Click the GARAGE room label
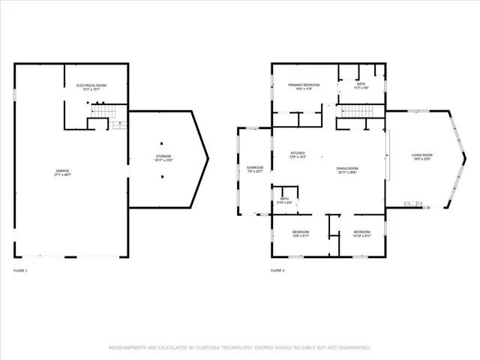pyautogui.click(x=62, y=171)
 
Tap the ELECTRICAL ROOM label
pyautogui.click(x=91, y=86)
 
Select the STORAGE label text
pyautogui.click(x=163, y=156)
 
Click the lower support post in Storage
pyautogui.click(x=162, y=177)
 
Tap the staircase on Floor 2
pyautogui.click(x=358, y=112)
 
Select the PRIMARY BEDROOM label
pyautogui.click(x=304, y=85)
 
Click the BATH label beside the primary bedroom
pyautogui.click(x=361, y=84)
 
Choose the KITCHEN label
pyautogui.click(x=298, y=153)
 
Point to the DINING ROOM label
pyautogui.click(x=347, y=169)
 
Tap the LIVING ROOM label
pyautogui.click(x=421, y=155)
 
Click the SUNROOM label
pyautogui.click(x=254, y=167)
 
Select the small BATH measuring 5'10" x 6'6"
pyautogui.click(x=284, y=199)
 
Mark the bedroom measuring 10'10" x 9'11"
pyautogui.click(x=361, y=232)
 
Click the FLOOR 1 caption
pyautogui.click(x=20, y=270)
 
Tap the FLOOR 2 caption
pyautogui.click(x=277, y=270)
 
